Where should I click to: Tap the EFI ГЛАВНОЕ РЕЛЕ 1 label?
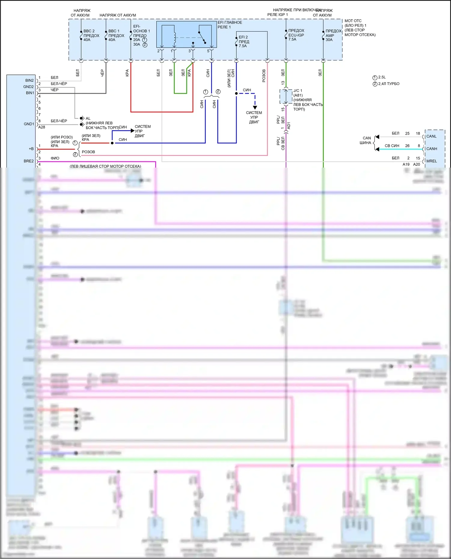coord(230,25)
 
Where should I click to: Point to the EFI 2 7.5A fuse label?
coord(244,41)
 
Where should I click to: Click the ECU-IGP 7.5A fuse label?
coord(296,35)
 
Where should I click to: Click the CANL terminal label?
coord(431,136)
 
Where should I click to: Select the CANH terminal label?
coord(432,149)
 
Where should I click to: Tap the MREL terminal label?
coord(432,161)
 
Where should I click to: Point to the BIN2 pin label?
coord(29,81)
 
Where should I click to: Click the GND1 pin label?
coord(29,124)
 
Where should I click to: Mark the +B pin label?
coord(31,149)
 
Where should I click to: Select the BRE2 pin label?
coord(29,161)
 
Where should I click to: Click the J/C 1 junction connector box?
coord(286,96)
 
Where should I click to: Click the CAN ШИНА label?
coord(366,140)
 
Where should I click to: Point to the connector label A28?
coord(41,127)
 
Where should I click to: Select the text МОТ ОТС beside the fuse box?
coord(353,21)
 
